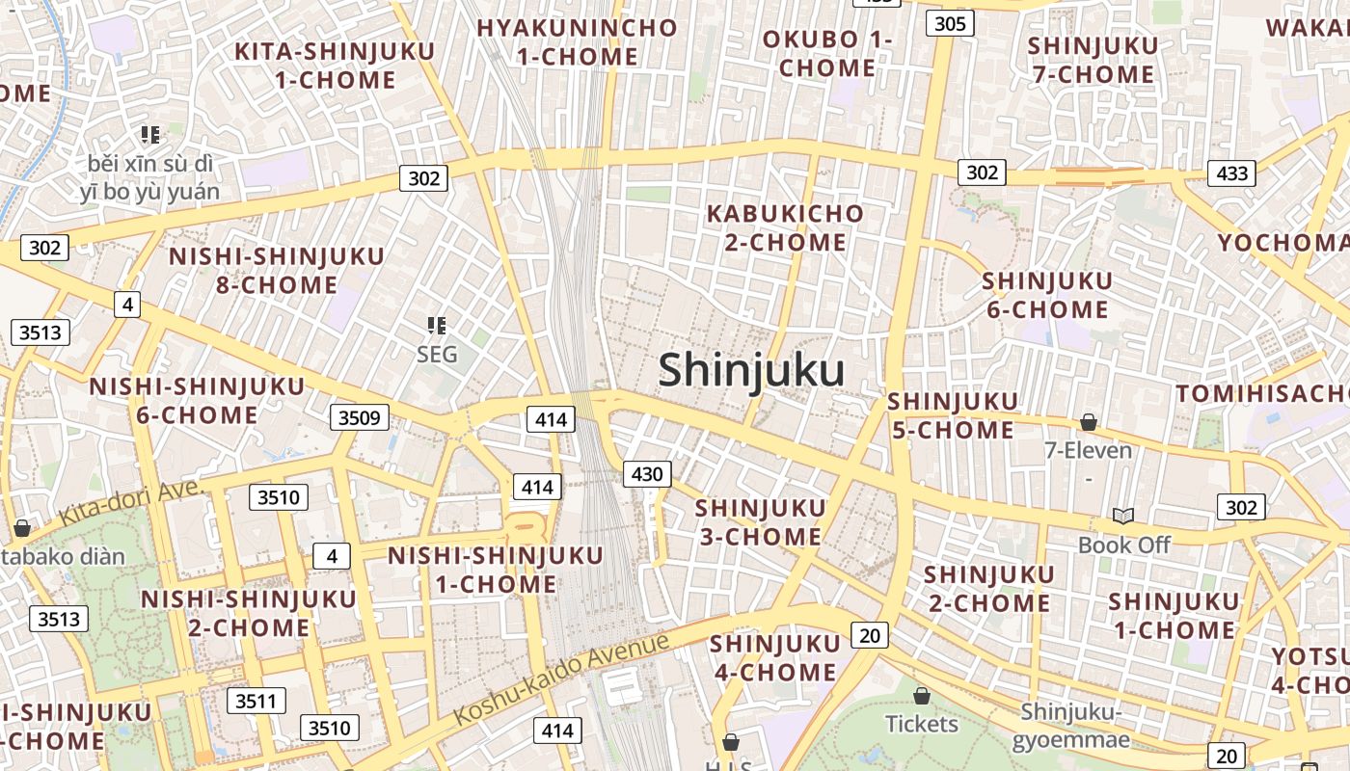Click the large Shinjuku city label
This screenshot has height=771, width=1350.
coord(751,370)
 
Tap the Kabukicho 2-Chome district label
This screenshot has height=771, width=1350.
coord(785,227)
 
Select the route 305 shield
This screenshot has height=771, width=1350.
coord(950,23)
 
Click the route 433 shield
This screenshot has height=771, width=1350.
coord(1232,173)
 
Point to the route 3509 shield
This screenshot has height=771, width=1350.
coord(360,417)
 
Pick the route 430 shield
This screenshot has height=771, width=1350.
coord(646,473)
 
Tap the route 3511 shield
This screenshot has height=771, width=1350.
coord(256,701)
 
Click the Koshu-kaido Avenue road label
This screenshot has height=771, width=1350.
coord(561,678)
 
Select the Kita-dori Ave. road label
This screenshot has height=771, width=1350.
coord(133,502)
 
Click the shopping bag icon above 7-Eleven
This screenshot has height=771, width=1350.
coord(1089,422)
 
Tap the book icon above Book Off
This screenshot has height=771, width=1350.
coord(1123,516)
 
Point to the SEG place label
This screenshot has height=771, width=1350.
coord(437,355)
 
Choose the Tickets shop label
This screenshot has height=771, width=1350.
coord(922,723)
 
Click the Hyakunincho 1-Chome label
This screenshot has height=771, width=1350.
coord(577,41)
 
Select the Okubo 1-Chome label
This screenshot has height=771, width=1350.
coord(826,54)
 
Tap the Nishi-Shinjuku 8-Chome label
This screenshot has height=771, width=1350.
coord(277,270)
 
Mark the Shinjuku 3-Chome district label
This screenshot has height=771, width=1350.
coord(760,521)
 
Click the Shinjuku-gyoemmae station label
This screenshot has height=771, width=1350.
coord(1071,726)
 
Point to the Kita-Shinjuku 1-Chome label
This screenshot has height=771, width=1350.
coord(335,65)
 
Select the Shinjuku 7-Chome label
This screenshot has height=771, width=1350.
coord(1093,60)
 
